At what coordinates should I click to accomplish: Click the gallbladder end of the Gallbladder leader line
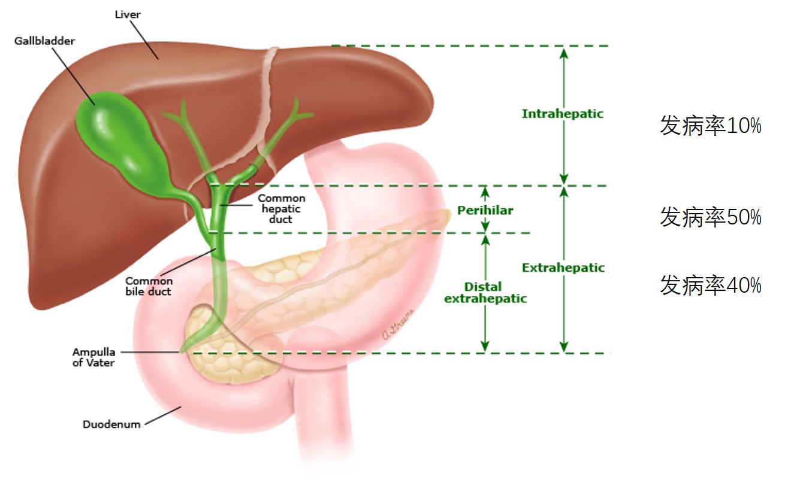click(95, 105)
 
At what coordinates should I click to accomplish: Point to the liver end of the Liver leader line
click(158, 59)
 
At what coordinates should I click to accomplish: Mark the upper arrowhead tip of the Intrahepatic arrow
click(563, 48)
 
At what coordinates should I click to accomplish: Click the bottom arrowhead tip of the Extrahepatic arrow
click(563, 352)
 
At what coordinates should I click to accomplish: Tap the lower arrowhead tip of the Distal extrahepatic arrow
click(485, 351)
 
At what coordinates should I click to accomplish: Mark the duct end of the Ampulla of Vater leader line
click(179, 352)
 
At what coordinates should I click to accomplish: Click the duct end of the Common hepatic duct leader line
click(220, 205)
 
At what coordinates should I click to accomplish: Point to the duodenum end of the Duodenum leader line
click(181, 407)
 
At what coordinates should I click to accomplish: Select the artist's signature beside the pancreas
click(397, 324)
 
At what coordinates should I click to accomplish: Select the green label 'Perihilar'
click(485, 211)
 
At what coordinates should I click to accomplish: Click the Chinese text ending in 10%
click(711, 126)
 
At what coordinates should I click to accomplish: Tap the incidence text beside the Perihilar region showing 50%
click(711, 217)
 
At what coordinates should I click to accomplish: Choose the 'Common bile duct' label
click(149, 286)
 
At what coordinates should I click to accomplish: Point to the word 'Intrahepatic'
click(563, 114)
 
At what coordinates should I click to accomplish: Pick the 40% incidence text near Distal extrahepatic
click(711, 285)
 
